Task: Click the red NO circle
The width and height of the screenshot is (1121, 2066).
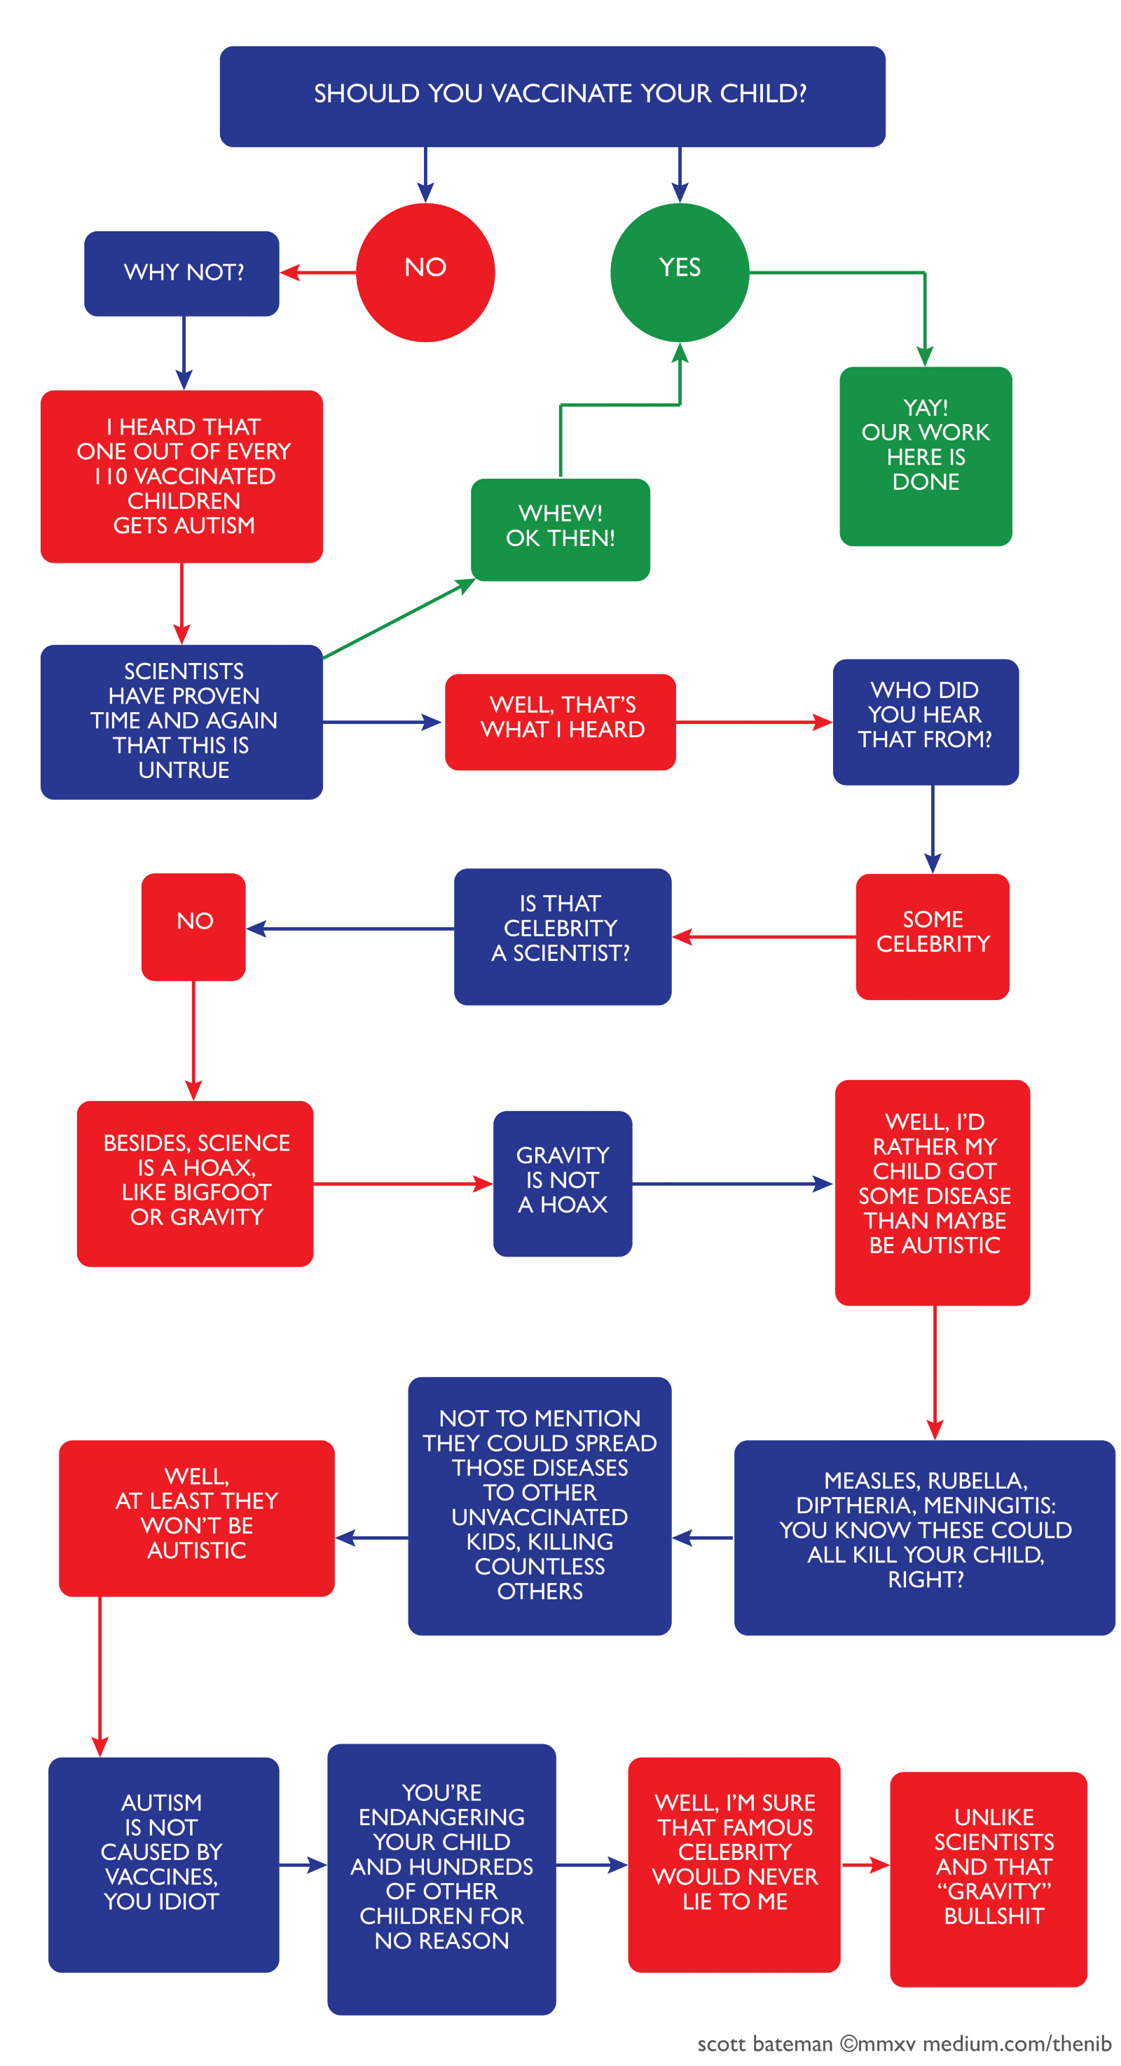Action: pos(425,272)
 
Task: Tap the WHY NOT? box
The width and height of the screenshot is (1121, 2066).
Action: pos(182,273)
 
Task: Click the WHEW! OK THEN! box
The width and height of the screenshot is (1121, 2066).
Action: pos(560,528)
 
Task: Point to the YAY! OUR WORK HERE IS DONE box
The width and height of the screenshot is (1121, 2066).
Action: pos(926,456)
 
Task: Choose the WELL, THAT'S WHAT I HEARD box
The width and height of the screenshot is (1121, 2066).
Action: pos(560,721)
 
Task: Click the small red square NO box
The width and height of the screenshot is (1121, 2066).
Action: pos(193,926)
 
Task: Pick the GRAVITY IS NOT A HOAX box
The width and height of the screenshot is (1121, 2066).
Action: pos(562,1182)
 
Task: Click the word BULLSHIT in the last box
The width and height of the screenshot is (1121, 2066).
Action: pos(993,1915)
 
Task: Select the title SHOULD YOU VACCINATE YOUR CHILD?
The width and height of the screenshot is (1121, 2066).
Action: pos(560,94)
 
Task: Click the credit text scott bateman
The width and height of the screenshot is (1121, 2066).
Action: pos(764,2044)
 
